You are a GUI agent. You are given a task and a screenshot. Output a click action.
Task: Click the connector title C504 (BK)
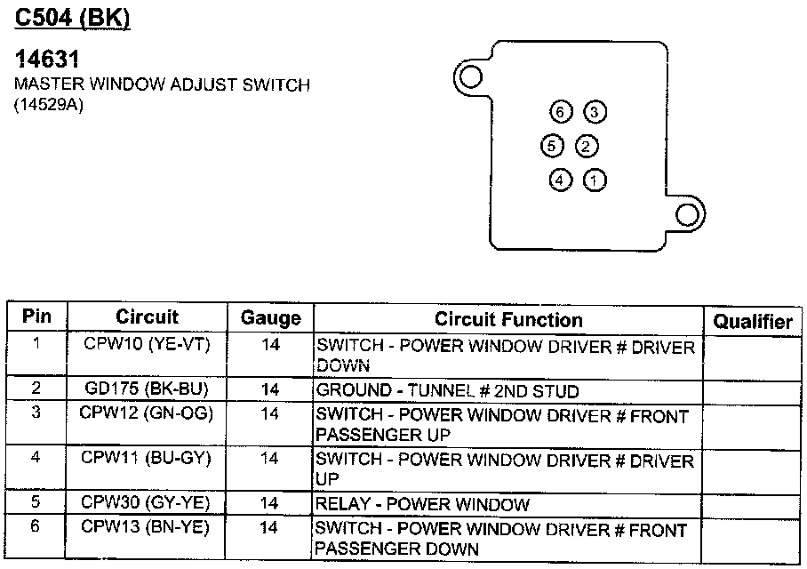[x=72, y=18]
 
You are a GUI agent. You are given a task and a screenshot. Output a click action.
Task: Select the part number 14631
[x=47, y=59]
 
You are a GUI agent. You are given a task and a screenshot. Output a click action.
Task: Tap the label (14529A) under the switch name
[x=48, y=105]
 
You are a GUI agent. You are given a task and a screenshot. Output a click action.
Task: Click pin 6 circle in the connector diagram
[x=561, y=112]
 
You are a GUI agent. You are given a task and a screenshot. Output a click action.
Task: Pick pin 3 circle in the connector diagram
[x=595, y=112]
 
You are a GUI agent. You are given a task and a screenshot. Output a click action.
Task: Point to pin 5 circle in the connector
[x=552, y=146]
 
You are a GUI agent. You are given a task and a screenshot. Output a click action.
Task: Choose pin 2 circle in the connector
[x=586, y=146]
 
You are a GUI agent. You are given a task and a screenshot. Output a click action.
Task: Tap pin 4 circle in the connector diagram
[x=560, y=180]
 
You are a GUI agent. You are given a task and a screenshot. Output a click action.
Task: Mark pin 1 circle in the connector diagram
[x=594, y=180]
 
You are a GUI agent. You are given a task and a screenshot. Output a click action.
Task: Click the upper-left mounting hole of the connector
[x=470, y=77]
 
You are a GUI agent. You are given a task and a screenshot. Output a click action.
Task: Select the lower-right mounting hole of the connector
[x=687, y=215]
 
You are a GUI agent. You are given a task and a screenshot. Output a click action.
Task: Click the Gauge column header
[x=271, y=317]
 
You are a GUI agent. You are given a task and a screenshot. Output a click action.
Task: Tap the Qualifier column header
[x=753, y=321]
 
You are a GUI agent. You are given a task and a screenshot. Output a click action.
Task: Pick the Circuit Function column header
[x=508, y=319]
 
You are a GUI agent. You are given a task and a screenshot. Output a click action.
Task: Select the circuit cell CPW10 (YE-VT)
[x=147, y=343]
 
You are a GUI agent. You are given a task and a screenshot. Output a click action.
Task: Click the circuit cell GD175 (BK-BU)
[x=147, y=389]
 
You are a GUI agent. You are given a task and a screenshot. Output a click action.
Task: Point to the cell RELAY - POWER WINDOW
[x=422, y=503]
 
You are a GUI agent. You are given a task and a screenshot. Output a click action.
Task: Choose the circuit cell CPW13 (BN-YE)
[x=146, y=526]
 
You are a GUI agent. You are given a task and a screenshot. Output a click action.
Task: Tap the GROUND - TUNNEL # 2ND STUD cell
[x=447, y=391]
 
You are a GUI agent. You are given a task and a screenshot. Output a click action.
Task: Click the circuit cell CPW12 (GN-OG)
[x=146, y=413]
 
